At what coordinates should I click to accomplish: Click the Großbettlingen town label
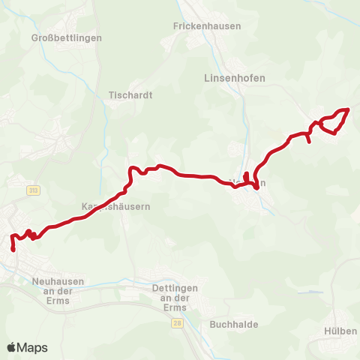[x=67, y=37]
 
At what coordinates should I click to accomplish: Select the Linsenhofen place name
[x=235, y=77]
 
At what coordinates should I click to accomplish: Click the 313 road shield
[x=32, y=191]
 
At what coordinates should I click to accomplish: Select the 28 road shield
[x=176, y=322]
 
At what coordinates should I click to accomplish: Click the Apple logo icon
[x=13, y=347]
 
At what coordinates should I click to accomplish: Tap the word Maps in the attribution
[x=33, y=347]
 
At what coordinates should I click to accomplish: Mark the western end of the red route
[x=13, y=249]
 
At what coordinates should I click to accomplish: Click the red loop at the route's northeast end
[x=334, y=121]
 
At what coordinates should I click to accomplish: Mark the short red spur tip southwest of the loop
[x=310, y=142]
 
